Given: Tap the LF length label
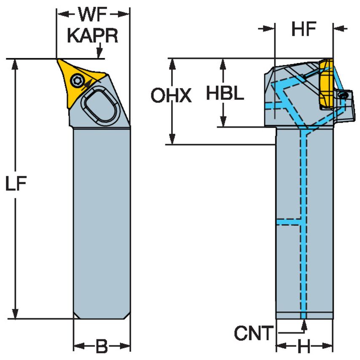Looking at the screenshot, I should pyautogui.click(x=16, y=184).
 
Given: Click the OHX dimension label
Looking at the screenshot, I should pyautogui.click(x=171, y=96).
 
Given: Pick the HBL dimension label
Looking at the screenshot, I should pyautogui.click(x=225, y=94).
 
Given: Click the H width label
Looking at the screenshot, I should pyautogui.click(x=304, y=347).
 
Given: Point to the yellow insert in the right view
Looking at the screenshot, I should pyautogui.click(x=325, y=84).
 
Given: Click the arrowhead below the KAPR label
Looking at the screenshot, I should pyautogui.click(x=99, y=54).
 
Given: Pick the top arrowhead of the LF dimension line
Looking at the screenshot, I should pyautogui.click(x=16, y=63).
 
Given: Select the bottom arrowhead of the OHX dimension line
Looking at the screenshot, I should pyautogui.click(x=172, y=140).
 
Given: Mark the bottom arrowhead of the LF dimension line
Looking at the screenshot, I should pyautogui.click(x=16, y=314).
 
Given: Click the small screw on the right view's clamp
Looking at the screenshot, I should pyautogui.click(x=344, y=96).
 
